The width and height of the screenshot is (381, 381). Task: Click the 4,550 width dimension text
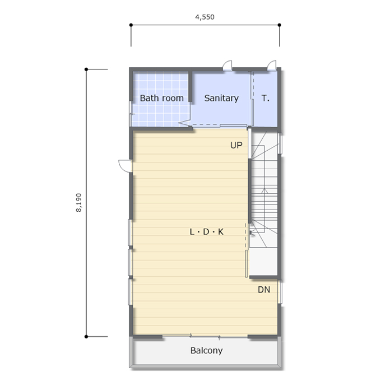coord(205,17)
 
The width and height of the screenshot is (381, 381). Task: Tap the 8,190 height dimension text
coord(79,203)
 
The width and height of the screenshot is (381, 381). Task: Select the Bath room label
coord(162,98)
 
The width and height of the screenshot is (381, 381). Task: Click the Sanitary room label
coord(221,98)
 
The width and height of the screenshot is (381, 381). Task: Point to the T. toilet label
coord(266,98)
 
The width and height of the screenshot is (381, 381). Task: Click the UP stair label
coord(236,145)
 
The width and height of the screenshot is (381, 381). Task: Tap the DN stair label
coord(264,290)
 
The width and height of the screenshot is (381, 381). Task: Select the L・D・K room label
coord(207,232)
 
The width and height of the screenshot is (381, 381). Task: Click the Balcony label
coord(206,350)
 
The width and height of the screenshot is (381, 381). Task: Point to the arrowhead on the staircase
coord(264,191)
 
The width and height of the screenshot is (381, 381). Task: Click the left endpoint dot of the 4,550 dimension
coord(131,25)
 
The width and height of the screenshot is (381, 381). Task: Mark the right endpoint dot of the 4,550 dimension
coord(279,25)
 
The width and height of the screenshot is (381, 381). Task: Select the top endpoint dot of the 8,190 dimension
coord(86,69)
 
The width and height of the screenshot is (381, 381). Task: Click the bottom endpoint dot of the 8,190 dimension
coord(86,337)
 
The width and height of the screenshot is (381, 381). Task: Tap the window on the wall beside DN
coord(280,291)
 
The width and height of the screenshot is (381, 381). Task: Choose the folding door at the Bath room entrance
coord(185,123)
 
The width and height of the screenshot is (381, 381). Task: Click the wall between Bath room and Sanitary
coord(190,86)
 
